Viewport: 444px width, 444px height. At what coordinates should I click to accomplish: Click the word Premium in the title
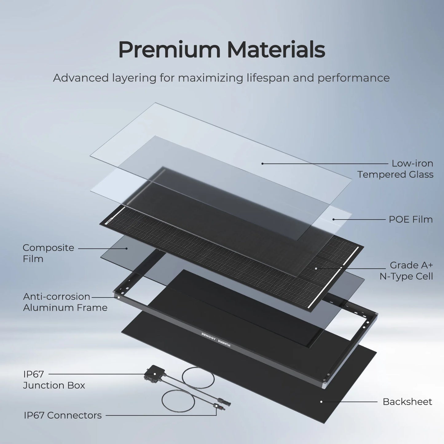tap(169, 50)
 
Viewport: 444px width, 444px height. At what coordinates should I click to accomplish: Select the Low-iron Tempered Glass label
tap(395, 169)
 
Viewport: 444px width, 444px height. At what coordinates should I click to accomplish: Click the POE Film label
tap(411, 219)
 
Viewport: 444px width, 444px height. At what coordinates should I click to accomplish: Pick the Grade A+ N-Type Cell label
tap(406, 271)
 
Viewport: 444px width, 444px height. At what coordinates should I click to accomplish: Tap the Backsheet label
tap(407, 402)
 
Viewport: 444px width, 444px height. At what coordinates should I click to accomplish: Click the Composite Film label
tap(48, 253)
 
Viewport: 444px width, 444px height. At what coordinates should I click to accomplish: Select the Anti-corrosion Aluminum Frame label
tap(65, 302)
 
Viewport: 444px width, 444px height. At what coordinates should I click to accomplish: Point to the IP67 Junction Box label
tap(54, 380)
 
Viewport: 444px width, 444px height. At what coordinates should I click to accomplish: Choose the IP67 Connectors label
tap(63, 415)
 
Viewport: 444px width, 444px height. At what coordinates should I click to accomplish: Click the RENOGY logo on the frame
tap(208, 334)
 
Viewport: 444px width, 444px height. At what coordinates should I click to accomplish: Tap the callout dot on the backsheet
tap(321, 402)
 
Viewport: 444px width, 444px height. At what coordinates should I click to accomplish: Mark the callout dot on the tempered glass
tap(262, 163)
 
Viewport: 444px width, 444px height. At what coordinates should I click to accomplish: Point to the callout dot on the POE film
tap(333, 219)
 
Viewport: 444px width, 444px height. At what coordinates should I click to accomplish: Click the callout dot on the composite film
tap(127, 248)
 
